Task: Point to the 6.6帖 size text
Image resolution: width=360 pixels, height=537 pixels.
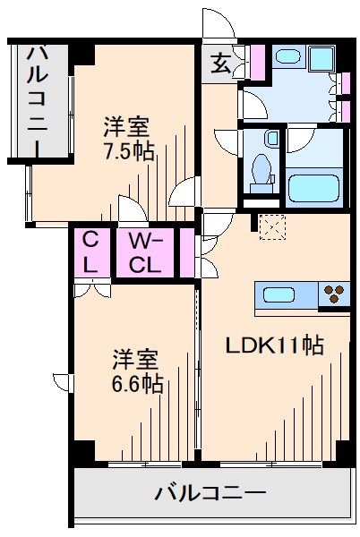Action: pos(137,383)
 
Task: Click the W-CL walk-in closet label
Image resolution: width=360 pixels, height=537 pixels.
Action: pos(144,252)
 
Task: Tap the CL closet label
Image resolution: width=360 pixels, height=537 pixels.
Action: pos(90,252)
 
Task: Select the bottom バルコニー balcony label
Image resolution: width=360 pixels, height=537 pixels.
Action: pos(210,492)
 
